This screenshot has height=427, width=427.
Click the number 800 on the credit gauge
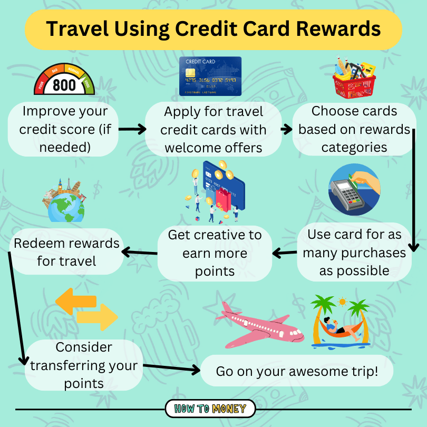click(x=64, y=85)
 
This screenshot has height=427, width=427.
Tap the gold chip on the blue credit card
click(x=190, y=73)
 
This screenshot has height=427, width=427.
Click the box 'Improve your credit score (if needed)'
click(x=63, y=129)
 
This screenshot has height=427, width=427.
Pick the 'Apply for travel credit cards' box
click(x=213, y=129)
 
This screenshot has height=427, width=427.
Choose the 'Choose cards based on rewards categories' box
click(x=354, y=129)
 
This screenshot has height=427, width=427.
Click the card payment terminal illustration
click(x=354, y=190)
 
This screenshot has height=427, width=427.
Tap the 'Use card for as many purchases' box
click(x=354, y=252)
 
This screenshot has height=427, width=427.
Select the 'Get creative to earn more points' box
click(x=215, y=253)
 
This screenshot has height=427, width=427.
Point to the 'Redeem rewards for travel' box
click(x=66, y=251)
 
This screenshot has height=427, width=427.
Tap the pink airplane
click(x=259, y=325)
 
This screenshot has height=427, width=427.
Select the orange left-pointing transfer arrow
click(x=76, y=302)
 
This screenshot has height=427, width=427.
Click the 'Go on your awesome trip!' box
click(x=297, y=371)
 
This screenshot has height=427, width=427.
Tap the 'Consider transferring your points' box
click(x=84, y=365)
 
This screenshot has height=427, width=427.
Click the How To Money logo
click(x=210, y=409)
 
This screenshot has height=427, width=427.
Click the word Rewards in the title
click(x=338, y=29)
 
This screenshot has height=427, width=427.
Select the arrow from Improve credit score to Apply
click(x=132, y=129)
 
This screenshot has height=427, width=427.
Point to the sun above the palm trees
click(x=342, y=302)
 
